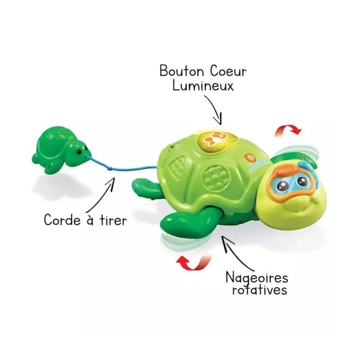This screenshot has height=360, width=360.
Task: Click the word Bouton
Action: (182, 71)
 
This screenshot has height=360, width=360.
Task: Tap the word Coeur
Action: (228, 71)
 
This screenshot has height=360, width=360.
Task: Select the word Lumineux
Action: (203, 85)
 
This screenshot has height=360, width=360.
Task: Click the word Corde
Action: (62, 220)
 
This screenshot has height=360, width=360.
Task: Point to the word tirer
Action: (113, 220)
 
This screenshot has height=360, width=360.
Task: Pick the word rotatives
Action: (260, 290)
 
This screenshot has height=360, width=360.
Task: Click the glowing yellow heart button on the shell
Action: (216, 142)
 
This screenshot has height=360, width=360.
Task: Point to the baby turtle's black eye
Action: (79, 152)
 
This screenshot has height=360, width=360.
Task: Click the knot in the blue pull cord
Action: (109, 169)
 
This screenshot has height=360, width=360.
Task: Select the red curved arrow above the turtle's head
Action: (288, 130)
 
